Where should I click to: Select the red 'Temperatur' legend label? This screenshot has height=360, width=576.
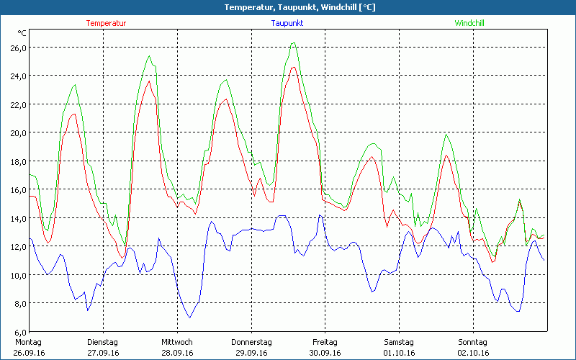(x=106, y=23)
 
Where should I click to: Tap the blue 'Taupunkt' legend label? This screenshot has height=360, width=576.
(x=287, y=23)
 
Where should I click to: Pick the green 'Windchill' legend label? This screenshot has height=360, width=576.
(x=469, y=23)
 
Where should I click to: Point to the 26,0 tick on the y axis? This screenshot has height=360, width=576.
(x=17, y=48)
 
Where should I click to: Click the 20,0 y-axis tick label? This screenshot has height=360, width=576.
(x=17, y=132)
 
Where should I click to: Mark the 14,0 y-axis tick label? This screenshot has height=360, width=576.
(x=17, y=218)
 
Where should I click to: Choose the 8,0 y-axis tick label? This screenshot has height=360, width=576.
(x=19, y=303)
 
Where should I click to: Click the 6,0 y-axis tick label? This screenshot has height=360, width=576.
(x=19, y=331)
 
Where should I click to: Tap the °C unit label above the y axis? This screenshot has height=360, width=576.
(x=22, y=33)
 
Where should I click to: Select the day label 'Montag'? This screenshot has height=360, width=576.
(x=27, y=342)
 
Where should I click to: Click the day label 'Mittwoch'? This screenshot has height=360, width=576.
(x=176, y=342)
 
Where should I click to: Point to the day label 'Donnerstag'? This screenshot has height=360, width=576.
(x=251, y=342)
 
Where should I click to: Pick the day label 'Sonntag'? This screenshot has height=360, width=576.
(x=472, y=342)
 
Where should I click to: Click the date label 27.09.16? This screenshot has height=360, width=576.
(x=102, y=353)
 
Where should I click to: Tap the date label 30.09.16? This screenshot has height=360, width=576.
(x=325, y=353)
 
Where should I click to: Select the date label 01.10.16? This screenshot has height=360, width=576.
(x=398, y=353)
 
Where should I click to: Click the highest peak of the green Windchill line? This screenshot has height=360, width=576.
(x=293, y=43)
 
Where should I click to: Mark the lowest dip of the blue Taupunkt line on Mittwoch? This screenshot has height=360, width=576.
(x=190, y=318)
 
